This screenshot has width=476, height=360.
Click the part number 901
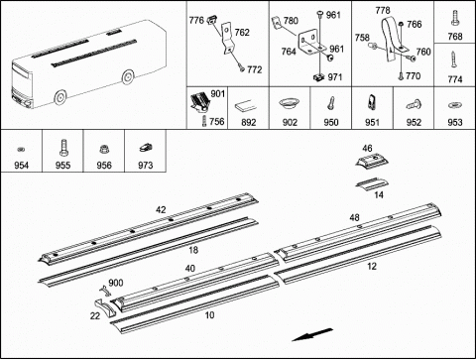218,94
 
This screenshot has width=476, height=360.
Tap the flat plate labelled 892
246,107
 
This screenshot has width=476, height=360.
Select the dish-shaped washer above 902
289,103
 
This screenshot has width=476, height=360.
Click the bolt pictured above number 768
455,18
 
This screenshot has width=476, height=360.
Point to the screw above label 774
454,60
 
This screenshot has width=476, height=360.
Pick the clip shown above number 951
372,102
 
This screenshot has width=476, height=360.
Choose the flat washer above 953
454,105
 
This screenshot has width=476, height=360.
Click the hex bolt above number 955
62,148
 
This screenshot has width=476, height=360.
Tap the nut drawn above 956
104,149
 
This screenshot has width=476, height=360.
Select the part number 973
145,165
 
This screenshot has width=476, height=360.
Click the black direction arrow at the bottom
312,334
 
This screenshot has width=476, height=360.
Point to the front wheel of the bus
60,97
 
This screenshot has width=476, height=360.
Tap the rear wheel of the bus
128,76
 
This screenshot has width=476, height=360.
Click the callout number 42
161,210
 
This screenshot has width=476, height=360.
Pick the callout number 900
116,283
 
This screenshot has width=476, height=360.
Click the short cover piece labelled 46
372,161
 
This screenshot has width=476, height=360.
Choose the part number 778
383,11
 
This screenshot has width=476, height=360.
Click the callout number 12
372,266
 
